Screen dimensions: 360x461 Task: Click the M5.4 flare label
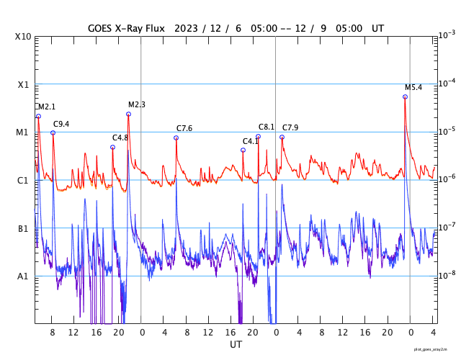[x=413, y=87]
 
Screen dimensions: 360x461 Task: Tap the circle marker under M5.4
[x=405, y=96]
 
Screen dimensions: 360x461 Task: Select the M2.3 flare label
[x=137, y=104]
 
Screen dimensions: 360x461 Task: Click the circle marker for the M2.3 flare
[x=128, y=114]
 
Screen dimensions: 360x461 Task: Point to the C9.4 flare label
[x=61, y=124]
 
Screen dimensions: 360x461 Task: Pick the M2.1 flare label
[x=47, y=107]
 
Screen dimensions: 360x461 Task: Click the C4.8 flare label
[x=120, y=138]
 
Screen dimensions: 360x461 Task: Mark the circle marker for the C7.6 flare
[x=176, y=138]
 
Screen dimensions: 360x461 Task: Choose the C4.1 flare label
[x=251, y=141]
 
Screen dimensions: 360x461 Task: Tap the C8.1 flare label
[x=267, y=127]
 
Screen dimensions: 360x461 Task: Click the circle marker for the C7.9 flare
[x=282, y=137]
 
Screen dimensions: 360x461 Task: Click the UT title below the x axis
[x=236, y=345]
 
